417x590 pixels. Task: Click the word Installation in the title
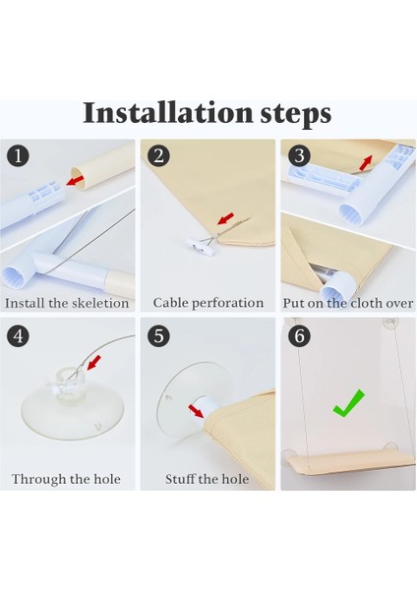[x=167, y=112]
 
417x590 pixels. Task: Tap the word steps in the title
[x=296, y=115]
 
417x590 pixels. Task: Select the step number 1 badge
[x=18, y=155]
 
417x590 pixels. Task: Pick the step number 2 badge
[x=158, y=155]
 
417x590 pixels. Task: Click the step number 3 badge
[x=299, y=155]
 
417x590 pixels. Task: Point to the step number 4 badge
[x=18, y=335]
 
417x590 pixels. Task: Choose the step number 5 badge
[x=158, y=335]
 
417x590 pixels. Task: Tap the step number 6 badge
[x=299, y=335]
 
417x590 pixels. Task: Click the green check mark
[x=348, y=403]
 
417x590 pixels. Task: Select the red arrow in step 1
[x=75, y=180]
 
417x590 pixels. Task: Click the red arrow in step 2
[x=226, y=218]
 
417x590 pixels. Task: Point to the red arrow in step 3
[x=366, y=162]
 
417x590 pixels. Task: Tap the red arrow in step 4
[x=93, y=362]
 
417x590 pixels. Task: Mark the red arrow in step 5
[x=196, y=411]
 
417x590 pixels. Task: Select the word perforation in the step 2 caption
[x=228, y=303]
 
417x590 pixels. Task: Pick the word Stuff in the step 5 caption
[x=180, y=479]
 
